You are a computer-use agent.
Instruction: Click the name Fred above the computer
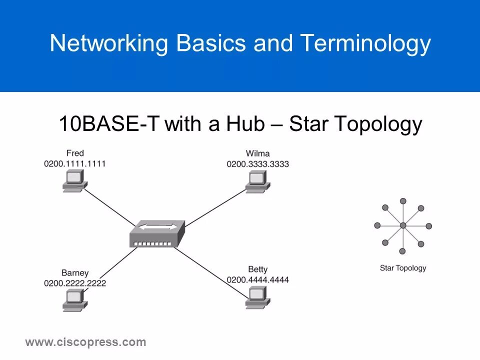point(75,152)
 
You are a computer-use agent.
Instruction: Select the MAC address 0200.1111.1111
point(75,163)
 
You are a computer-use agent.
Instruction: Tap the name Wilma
point(257,153)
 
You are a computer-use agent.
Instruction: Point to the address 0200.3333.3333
point(257,164)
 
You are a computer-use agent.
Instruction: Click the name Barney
point(75,273)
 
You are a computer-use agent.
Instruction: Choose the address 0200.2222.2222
point(75,283)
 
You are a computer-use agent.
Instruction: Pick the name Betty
point(257,270)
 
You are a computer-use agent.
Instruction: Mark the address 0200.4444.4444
point(257,280)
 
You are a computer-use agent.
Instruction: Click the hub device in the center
point(157,233)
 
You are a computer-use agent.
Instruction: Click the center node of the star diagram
point(403,226)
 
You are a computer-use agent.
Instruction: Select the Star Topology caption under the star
point(403,268)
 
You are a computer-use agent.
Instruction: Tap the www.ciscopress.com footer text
point(85,342)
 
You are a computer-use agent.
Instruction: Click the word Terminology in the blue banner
point(365,44)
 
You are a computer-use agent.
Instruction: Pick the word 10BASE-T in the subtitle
point(109,124)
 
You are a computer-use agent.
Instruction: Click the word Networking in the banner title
point(109,44)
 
